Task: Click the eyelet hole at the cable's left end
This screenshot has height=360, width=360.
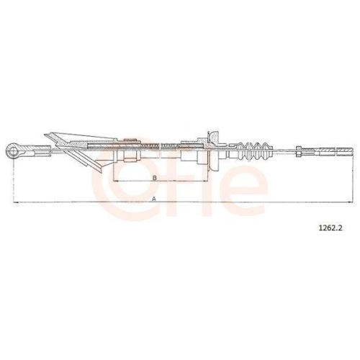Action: [14, 151]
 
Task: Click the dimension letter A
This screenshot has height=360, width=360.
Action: [154, 199]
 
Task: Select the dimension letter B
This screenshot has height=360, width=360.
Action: [155, 178]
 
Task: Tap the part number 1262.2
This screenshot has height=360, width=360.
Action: [330, 228]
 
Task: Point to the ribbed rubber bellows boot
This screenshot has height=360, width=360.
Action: [255, 151]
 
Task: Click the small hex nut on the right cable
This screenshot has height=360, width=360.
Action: [299, 151]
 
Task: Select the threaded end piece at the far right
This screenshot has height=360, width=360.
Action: [345, 151]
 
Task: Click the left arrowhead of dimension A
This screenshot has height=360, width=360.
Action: [16, 202]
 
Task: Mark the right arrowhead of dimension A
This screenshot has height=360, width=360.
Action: [350, 202]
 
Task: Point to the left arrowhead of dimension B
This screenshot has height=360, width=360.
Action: [115, 181]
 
